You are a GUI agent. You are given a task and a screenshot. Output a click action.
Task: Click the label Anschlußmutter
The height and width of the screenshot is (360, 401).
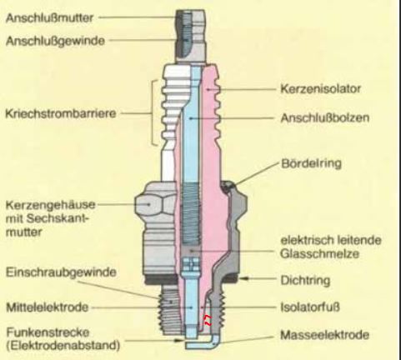click(x=49, y=17)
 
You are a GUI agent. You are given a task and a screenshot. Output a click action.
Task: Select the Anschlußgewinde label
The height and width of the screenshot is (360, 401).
click(x=55, y=41)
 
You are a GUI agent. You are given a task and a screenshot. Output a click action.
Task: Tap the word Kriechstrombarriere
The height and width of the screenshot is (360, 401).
click(x=61, y=113)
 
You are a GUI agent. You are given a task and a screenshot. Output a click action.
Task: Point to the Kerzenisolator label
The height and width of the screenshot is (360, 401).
click(x=320, y=89)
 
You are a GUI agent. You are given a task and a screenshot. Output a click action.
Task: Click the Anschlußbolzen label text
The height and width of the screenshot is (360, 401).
click(x=325, y=118)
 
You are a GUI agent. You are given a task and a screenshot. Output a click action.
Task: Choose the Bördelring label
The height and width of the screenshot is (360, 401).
click(x=311, y=163)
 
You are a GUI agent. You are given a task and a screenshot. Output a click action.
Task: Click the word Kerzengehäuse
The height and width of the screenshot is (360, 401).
click(x=50, y=205)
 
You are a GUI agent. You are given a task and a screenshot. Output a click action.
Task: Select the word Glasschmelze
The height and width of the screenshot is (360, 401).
click(x=319, y=253)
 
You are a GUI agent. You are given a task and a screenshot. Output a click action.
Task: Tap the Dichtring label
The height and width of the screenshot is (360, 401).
click(x=305, y=280)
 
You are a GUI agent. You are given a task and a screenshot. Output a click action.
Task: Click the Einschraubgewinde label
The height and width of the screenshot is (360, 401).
click(x=61, y=272)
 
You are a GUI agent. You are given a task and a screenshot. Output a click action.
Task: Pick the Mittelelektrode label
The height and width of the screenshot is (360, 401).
click(x=47, y=307)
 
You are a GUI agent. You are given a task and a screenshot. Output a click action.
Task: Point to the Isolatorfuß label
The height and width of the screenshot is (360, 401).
click(x=310, y=307)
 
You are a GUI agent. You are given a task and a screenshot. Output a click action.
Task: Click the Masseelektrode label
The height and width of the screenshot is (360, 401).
click(x=324, y=335)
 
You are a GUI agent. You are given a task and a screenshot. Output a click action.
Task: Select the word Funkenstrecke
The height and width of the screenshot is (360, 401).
click(x=48, y=332)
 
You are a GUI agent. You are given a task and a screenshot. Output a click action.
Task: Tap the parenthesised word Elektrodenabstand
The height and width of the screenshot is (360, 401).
click(x=63, y=346)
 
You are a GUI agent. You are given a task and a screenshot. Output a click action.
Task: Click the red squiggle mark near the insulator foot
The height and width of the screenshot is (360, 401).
click(x=208, y=320)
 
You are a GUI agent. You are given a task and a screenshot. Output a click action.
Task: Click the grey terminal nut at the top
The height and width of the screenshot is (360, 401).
click(x=191, y=36)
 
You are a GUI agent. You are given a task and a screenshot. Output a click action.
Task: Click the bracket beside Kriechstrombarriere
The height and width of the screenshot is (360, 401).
click(x=153, y=112)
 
